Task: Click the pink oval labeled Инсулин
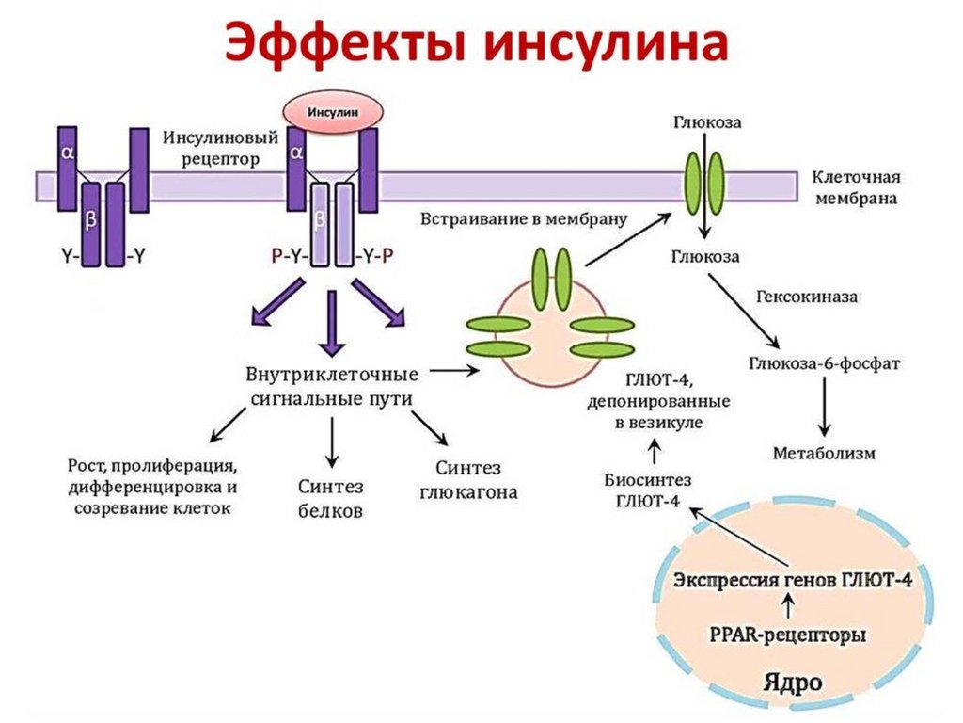tap(335, 112)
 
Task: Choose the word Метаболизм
tap(824, 453)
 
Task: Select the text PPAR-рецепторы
tap(789, 635)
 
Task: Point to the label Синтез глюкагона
tap(468, 480)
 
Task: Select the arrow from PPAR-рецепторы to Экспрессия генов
tap(788, 607)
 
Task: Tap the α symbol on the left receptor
tap(68, 151)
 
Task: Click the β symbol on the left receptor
tap(90, 219)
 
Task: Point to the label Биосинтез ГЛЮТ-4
tap(647, 490)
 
